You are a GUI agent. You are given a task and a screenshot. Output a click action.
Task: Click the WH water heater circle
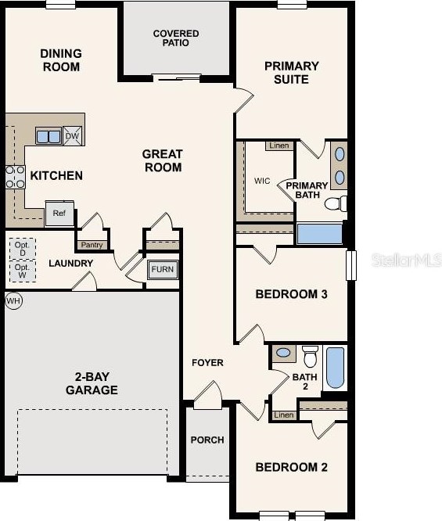click(x=13, y=300)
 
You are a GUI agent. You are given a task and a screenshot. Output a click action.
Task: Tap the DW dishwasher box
click(x=72, y=135)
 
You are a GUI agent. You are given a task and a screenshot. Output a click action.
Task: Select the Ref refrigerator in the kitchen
click(x=59, y=213)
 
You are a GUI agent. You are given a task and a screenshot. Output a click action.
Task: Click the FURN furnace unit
click(x=163, y=270)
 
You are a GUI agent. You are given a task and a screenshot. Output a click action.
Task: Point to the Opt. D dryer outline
click(x=22, y=249)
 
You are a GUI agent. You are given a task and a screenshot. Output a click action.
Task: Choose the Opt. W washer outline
click(x=22, y=271)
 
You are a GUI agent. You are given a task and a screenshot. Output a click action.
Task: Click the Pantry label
click(x=92, y=245)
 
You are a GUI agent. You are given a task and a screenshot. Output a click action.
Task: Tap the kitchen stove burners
click(x=16, y=177)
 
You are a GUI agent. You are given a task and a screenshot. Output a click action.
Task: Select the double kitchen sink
click(x=48, y=136)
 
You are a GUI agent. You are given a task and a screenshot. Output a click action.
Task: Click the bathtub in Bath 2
click(x=335, y=368)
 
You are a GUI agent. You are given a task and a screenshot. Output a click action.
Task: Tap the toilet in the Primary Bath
click(x=336, y=203)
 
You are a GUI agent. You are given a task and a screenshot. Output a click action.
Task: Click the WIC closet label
click(x=262, y=181)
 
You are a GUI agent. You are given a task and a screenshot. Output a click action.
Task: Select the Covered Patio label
click(x=176, y=38)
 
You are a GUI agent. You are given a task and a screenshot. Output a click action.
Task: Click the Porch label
click(x=207, y=440)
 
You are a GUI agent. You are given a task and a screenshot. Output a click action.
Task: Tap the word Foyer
click(x=208, y=362)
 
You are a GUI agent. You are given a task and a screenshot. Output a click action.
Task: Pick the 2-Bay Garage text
click(x=92, y=383)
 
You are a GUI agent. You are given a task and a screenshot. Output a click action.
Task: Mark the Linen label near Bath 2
click(x=284, y=415)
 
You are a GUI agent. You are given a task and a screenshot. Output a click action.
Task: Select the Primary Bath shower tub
click(x=320, y=234)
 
